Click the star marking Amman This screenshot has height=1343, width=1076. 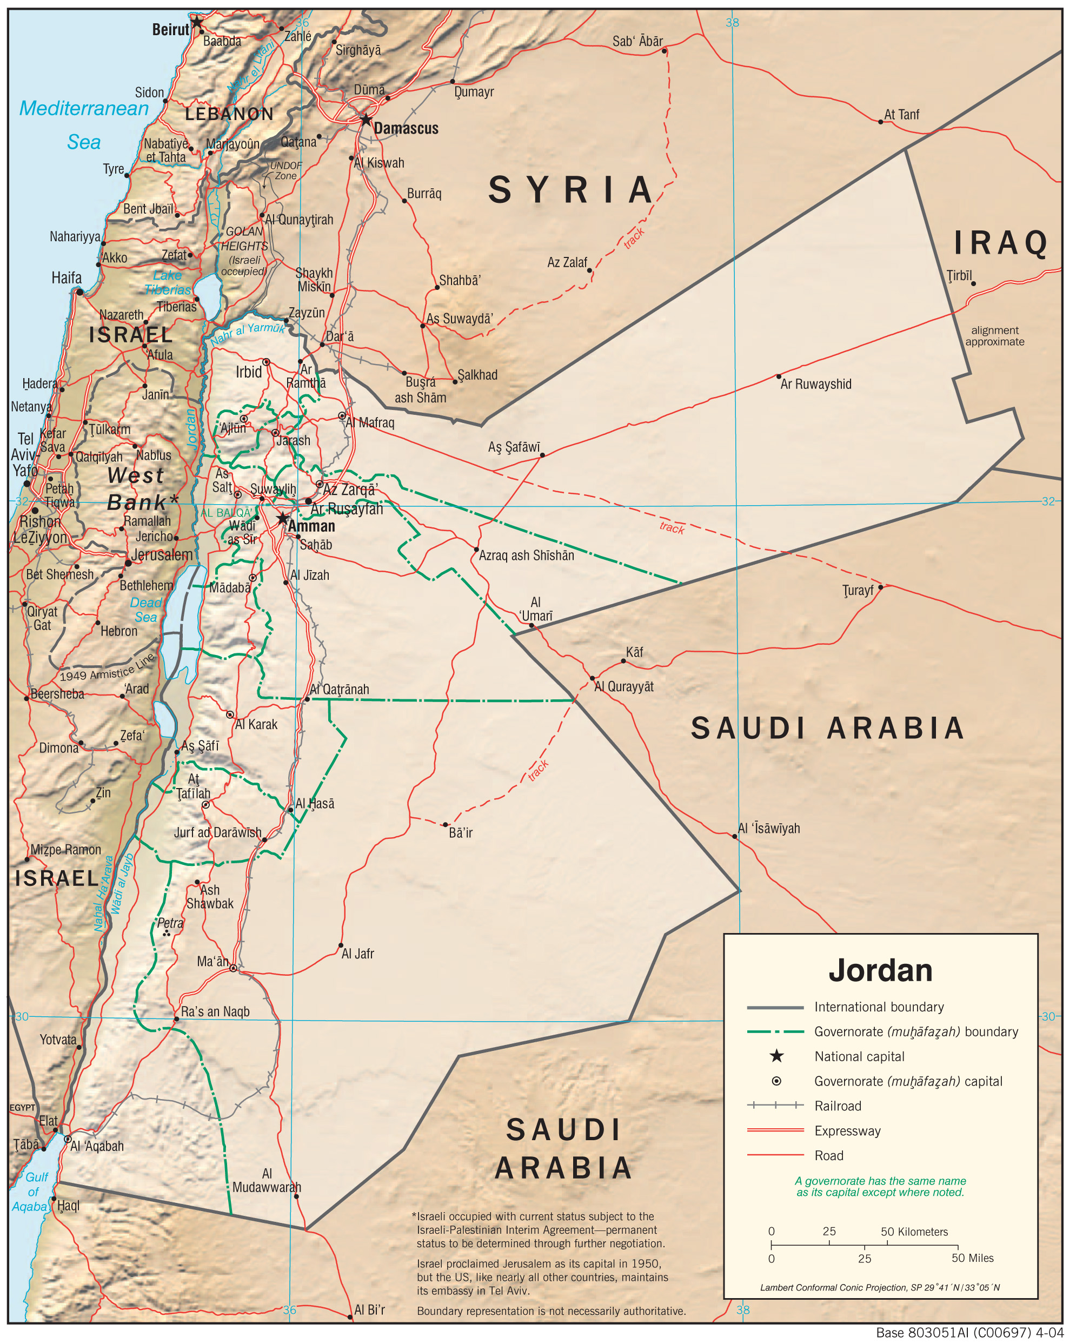[283, 518]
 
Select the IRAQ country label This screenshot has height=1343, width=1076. [1001, 243]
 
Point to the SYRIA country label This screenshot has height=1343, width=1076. [571, 190]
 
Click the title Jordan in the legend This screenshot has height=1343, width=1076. [880, 970]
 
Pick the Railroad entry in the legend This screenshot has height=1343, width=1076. [838, 1106]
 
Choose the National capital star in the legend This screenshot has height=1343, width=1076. [776, 1056]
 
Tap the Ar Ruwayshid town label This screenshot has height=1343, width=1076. [816, 385]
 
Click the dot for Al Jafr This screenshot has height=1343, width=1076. [341, 945]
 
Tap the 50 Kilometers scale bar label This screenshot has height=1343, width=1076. [914, 1232]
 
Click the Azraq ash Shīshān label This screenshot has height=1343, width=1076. [527, 555]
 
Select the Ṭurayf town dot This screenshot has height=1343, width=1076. [880, 587]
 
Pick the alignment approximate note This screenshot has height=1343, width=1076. [994, 336]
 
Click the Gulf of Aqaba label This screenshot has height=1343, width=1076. [32, 1192]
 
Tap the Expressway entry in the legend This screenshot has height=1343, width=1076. [847, 1130]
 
